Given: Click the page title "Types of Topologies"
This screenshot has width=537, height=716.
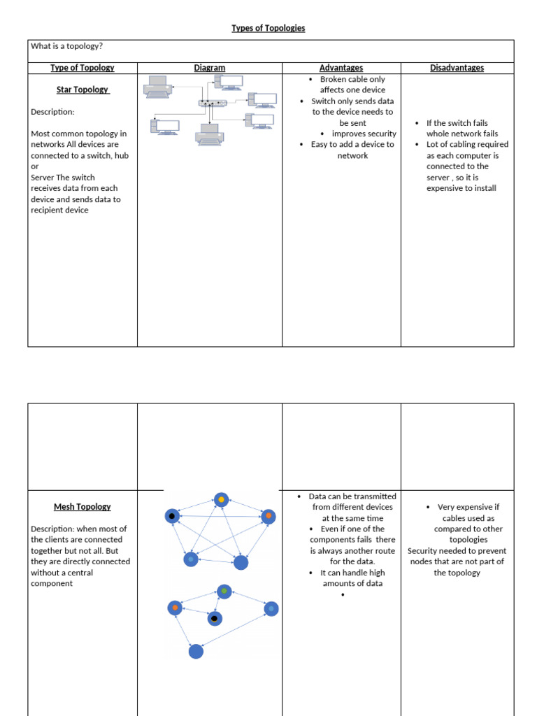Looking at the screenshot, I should click(268, 28).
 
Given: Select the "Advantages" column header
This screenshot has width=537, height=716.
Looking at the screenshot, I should click(341, 68).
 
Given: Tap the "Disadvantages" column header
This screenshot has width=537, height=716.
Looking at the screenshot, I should click(457, 68).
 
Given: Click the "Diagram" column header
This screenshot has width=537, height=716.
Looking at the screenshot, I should click(210, 68).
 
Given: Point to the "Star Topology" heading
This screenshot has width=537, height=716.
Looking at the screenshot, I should click(82, 89).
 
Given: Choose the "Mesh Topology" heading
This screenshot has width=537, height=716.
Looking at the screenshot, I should click(82, 507).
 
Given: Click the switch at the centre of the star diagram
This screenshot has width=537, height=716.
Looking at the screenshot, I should click(212, 103).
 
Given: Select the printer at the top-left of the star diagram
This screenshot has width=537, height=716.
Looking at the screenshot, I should click(157, 86).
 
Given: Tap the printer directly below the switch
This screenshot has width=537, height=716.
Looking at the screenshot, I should click(210, 134).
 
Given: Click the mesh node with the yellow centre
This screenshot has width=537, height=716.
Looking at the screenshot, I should click(221, 500).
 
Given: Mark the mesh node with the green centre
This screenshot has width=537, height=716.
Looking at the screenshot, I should click(224, 592).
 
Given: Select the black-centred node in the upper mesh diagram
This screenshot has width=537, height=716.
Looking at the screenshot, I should click(172, 517).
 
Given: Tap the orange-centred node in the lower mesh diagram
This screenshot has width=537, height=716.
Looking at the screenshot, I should click(175, 608).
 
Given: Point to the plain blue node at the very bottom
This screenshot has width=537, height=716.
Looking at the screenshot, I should click(196, 651).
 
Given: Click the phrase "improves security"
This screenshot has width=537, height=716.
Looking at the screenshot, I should click(364, 134).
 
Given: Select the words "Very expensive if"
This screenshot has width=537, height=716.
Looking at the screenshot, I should click(468, 507).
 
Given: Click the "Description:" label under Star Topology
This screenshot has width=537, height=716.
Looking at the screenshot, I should click(52, 112).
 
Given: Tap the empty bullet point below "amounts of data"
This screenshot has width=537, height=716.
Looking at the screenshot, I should click(343, 595).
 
